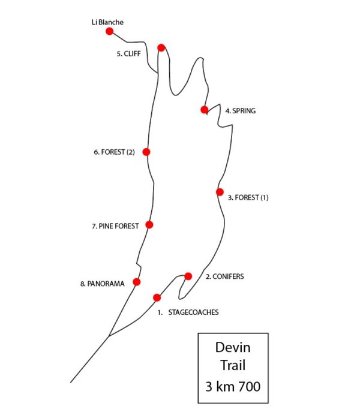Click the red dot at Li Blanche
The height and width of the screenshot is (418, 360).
(x=109, y=31)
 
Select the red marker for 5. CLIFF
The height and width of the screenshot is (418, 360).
(x=161, y=47)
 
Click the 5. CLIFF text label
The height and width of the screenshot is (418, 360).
(x=128, y=53)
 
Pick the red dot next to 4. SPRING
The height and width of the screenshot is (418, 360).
(x=204, y=110)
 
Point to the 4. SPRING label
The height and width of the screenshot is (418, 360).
(x=240, y=111)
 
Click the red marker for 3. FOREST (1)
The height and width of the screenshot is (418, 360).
(x=220, y=192)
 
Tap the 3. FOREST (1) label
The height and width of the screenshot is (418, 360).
(x=248, y=197)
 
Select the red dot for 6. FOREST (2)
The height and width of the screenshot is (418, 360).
(x=146, y=152)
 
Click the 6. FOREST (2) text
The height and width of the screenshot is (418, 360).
(x=114, y=152)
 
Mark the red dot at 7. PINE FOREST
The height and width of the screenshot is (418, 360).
(x=149, y=225)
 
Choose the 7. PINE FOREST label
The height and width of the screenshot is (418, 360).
(x=115, y=226)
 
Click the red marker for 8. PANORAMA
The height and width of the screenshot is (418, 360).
(x=136, y=282)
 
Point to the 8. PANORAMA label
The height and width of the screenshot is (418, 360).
(x=102, y=284)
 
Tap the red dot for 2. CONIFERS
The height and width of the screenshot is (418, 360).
(x=188, y=276)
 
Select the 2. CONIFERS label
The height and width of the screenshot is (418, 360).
(x=225, y=277)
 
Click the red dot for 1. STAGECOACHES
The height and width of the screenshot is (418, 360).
(x=157, y=297)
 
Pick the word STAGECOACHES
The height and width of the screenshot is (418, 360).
(x=193, y=312)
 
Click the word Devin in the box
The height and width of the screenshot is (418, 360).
(x=233, y=348)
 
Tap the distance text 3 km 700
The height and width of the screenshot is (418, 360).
(x=233, y=387)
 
